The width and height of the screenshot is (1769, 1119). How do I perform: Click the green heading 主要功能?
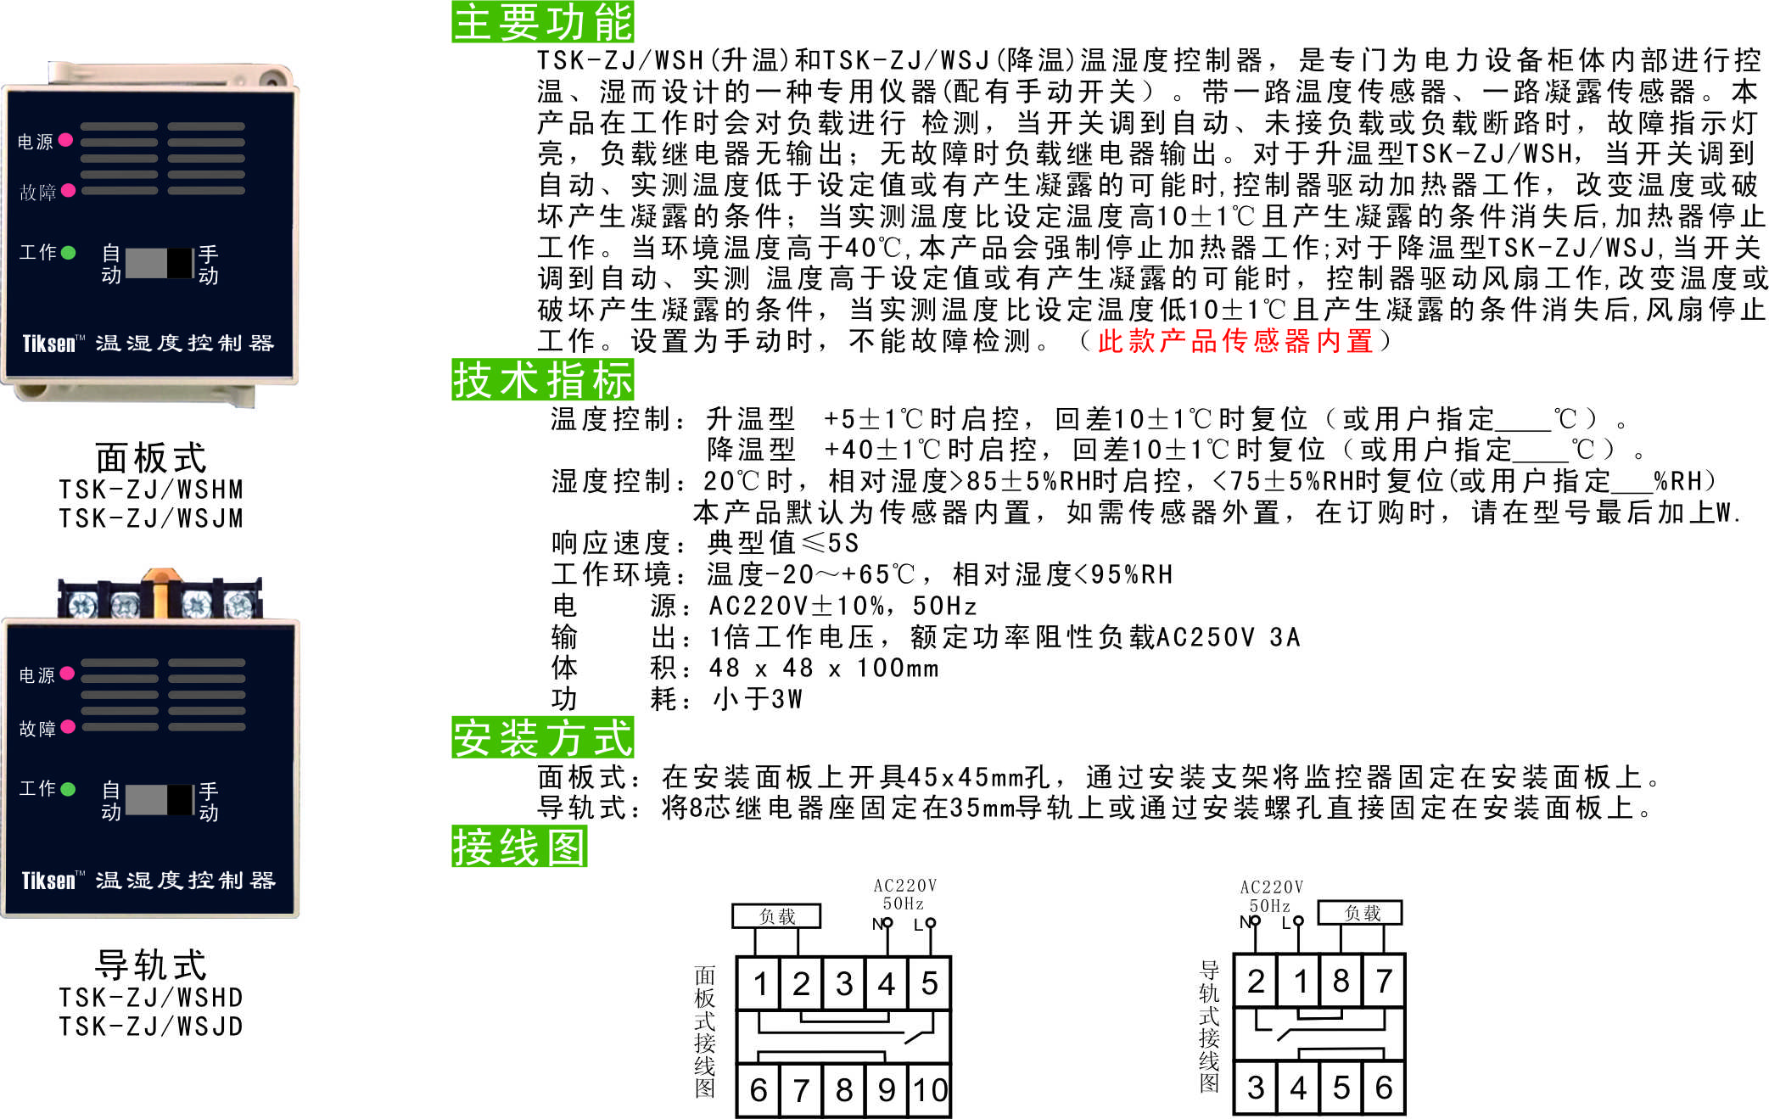[x=542, y=21]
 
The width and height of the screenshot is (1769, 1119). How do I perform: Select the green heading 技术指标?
[x=542, y=379]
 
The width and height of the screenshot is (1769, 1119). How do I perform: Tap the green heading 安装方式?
[x=542, y=737]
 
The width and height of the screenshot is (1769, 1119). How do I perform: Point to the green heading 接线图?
[x=519, y=846]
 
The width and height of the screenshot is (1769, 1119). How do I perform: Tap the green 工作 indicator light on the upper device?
[x=69, y=252]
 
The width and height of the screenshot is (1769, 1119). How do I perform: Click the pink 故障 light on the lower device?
[x=68, y=726]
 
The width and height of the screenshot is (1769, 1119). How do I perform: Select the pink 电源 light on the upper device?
[x=65, y=139]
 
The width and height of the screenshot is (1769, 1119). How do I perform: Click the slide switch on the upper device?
[x=160, y=263]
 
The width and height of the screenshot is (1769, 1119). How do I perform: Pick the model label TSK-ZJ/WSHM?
[x=151, y=490]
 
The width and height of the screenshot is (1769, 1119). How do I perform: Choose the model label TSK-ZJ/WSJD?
[x=151, y=1026]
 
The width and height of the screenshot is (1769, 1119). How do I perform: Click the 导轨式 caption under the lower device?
[x=151, y=964]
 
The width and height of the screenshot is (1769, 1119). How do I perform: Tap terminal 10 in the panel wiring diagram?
[x=930, y=1089]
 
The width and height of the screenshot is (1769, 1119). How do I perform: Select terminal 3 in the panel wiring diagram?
[x=843, y=983]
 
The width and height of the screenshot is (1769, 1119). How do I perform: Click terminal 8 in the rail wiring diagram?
[x=1341, y=981]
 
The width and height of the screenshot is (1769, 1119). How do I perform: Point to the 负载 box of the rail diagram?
[x=1360, y=913]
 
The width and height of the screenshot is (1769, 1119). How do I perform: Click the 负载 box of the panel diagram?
[x=776, y=916]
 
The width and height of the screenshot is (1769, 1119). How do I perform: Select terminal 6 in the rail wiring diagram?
[x=1384, y=1087]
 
